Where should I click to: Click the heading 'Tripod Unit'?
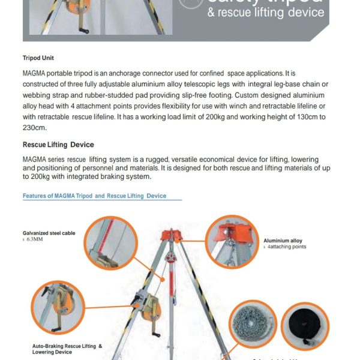pos(38,59)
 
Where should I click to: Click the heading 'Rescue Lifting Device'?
pos(58,145)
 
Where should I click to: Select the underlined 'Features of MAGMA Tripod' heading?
pos(94,196)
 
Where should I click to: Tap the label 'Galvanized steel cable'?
pos(47,232)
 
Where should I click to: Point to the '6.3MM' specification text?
pos(34,239)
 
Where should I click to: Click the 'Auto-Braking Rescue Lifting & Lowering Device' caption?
pos(67,349)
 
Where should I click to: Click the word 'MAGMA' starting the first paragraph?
pos(34,73)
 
